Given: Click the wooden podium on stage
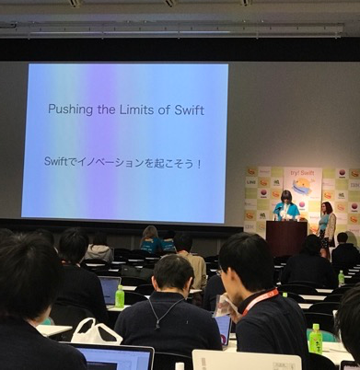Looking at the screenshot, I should (x=286, y=237).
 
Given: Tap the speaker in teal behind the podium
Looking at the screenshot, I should (x=287, y=207).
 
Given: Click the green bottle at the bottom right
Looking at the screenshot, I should (x=316, y=339).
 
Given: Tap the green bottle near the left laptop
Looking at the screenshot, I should (x=120, y=296).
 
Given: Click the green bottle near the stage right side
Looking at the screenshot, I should (x=341, y=277).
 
